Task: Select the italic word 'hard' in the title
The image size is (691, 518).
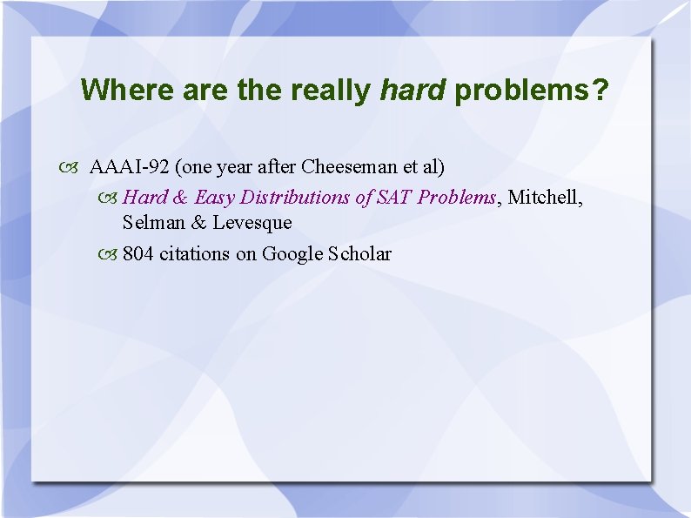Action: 412,91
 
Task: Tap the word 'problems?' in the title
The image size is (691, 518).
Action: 532,91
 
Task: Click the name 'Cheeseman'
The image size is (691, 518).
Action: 342,166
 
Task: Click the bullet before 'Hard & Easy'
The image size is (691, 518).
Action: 111,198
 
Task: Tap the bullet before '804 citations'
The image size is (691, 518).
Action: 111,254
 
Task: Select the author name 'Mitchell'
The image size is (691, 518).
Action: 545,197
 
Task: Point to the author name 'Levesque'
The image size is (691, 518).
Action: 252,223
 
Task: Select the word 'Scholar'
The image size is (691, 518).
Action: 359,253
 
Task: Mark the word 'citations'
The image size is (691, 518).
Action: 198,253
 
